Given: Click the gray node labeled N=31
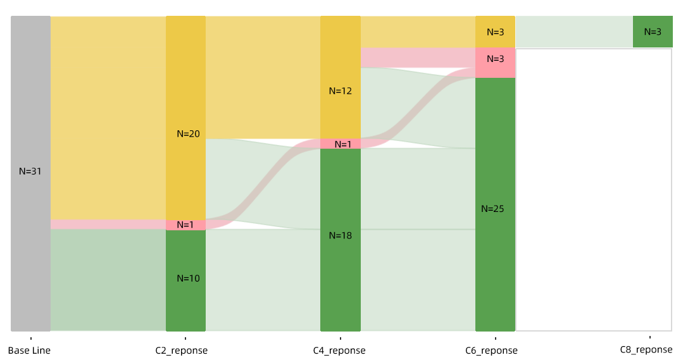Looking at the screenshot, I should pos(30,127).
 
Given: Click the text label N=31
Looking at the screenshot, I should pos(30,171).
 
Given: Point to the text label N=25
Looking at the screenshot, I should pos(492,209).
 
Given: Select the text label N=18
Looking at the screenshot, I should pos(340,236).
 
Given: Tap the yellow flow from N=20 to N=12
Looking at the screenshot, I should pos(263,76).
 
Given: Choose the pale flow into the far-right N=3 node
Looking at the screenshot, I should pos(573,32).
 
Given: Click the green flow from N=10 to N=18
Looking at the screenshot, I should pos(263,285).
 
